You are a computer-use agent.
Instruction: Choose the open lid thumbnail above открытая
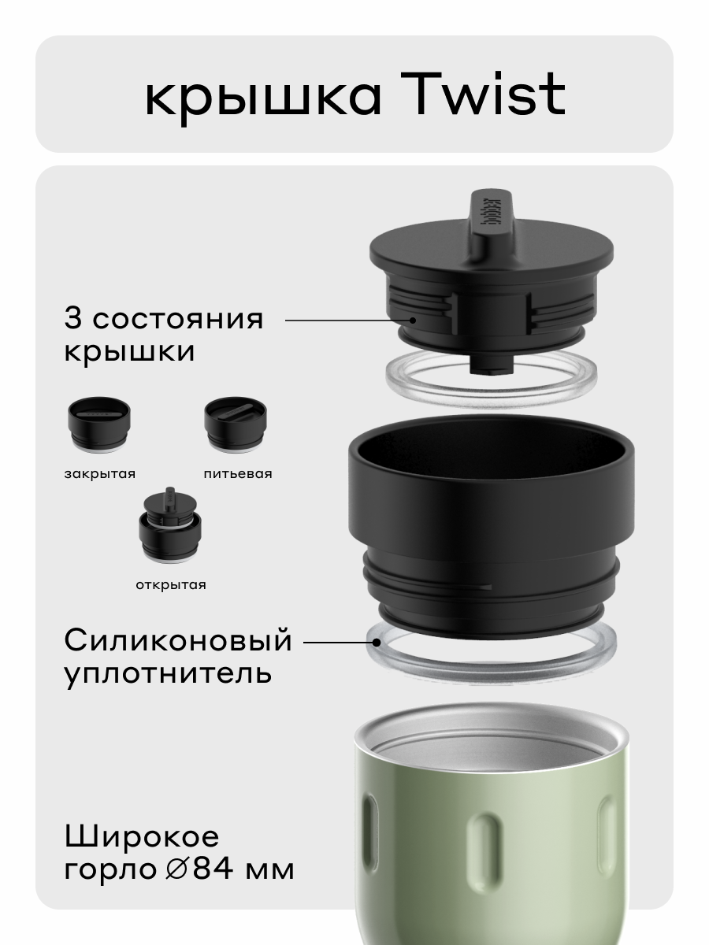[169, 528]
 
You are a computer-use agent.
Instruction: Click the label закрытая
[99, 474]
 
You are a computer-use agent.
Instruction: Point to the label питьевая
[237, 474]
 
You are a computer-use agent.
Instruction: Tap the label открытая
[170, 584]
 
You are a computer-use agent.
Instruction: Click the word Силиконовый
[178, 641]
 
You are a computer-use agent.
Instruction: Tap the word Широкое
[142, 836]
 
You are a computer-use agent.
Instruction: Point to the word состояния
[176, 320]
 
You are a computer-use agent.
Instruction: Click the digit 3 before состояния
[72, 320]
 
